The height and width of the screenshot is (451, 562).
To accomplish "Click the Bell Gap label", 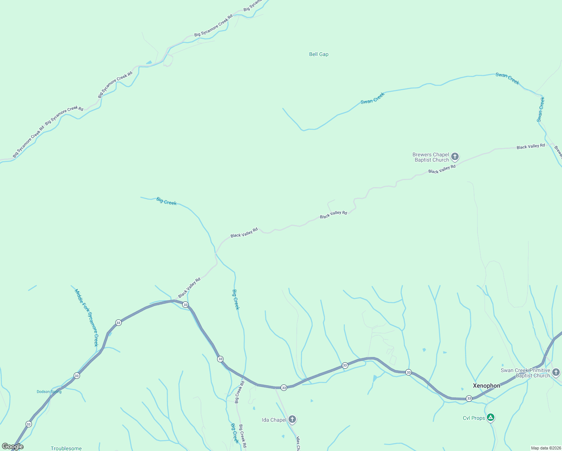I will point(319,54).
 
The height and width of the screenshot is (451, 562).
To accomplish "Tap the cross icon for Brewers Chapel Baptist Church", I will point(455,156).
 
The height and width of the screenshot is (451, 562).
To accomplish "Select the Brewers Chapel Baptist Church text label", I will point(431,157).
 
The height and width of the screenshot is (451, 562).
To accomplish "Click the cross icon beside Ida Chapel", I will point(292,419).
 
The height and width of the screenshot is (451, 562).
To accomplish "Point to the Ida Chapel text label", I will point(274,420).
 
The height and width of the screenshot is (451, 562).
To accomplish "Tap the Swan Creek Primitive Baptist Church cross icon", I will point(556,372).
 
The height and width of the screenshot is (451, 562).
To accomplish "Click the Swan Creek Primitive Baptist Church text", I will point(526,373).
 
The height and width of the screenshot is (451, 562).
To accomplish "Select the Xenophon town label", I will point(486,386).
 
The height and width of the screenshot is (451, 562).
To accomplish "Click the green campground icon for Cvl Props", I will point(490,417).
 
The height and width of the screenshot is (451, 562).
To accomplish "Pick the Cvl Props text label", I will point(474,418).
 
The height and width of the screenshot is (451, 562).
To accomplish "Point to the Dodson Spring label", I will point(49,392).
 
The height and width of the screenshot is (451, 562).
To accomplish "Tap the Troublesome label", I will point(66,448).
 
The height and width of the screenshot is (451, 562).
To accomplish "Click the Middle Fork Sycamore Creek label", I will point(87,318).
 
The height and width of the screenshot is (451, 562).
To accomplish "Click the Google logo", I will point(13,446).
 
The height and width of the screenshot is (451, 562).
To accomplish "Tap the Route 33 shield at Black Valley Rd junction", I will point(185,305).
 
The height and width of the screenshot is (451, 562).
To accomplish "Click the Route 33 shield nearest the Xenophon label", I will point(469,398).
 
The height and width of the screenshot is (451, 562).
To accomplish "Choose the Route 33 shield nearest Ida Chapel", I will point(284,387).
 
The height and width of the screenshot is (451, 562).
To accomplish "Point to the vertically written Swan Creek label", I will point(541,109).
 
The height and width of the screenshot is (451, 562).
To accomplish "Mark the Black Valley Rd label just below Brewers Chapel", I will point(442,169).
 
